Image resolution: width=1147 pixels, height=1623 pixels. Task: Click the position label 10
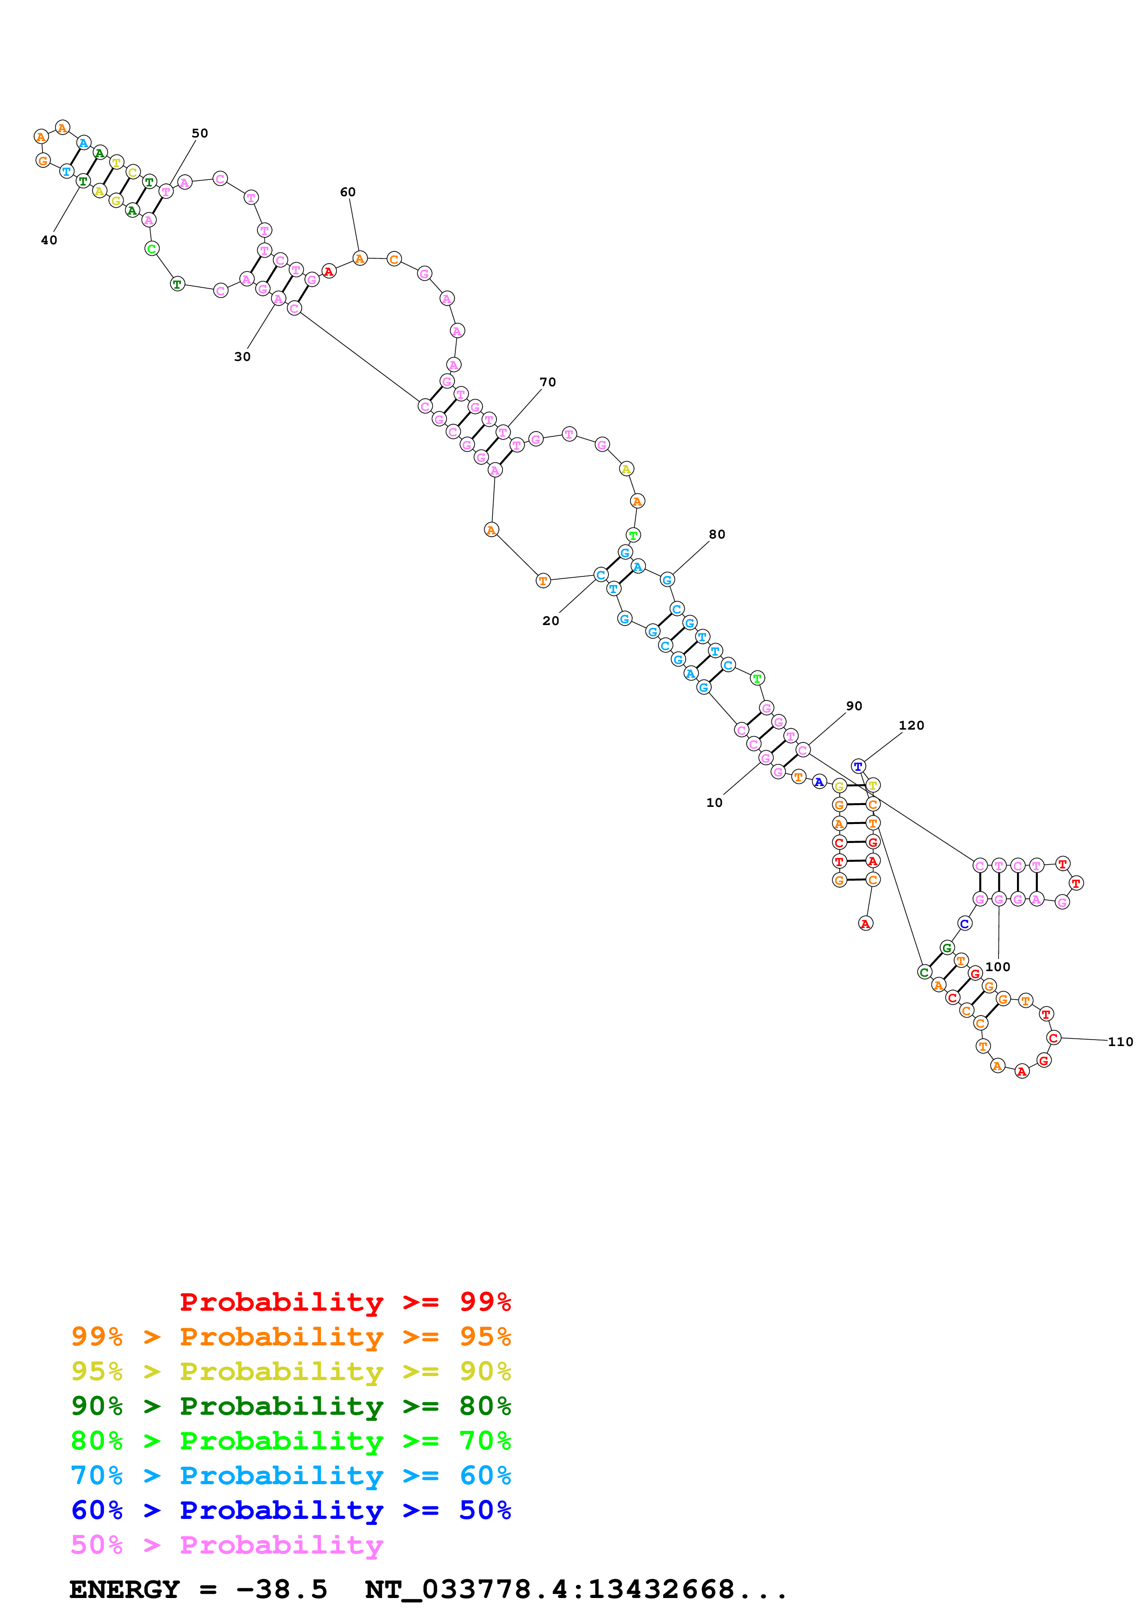click(x=714, y=803)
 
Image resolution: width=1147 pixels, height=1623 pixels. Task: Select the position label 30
click(x=242, y=357)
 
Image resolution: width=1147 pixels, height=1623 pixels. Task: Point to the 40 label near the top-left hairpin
click(x=49, y=240)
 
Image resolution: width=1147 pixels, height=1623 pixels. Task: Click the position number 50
click(x=200, y=134)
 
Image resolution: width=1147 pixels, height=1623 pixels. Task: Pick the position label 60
click(x=347, y=192)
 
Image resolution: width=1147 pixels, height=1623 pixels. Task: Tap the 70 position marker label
click(x=548, y=383)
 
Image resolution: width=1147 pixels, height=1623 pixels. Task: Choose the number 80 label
click(x=717, y=534)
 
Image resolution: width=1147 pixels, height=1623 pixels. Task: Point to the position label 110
click(x=1120, y=1042)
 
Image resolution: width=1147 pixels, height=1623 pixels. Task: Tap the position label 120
click(x=911, y=725)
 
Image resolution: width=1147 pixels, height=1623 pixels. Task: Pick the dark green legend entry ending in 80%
click(x=291, y=1406)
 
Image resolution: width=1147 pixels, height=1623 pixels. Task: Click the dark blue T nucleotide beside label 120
click(x=858, y=766)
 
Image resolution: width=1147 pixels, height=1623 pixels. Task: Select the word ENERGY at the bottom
click(x=124, y=1589)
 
